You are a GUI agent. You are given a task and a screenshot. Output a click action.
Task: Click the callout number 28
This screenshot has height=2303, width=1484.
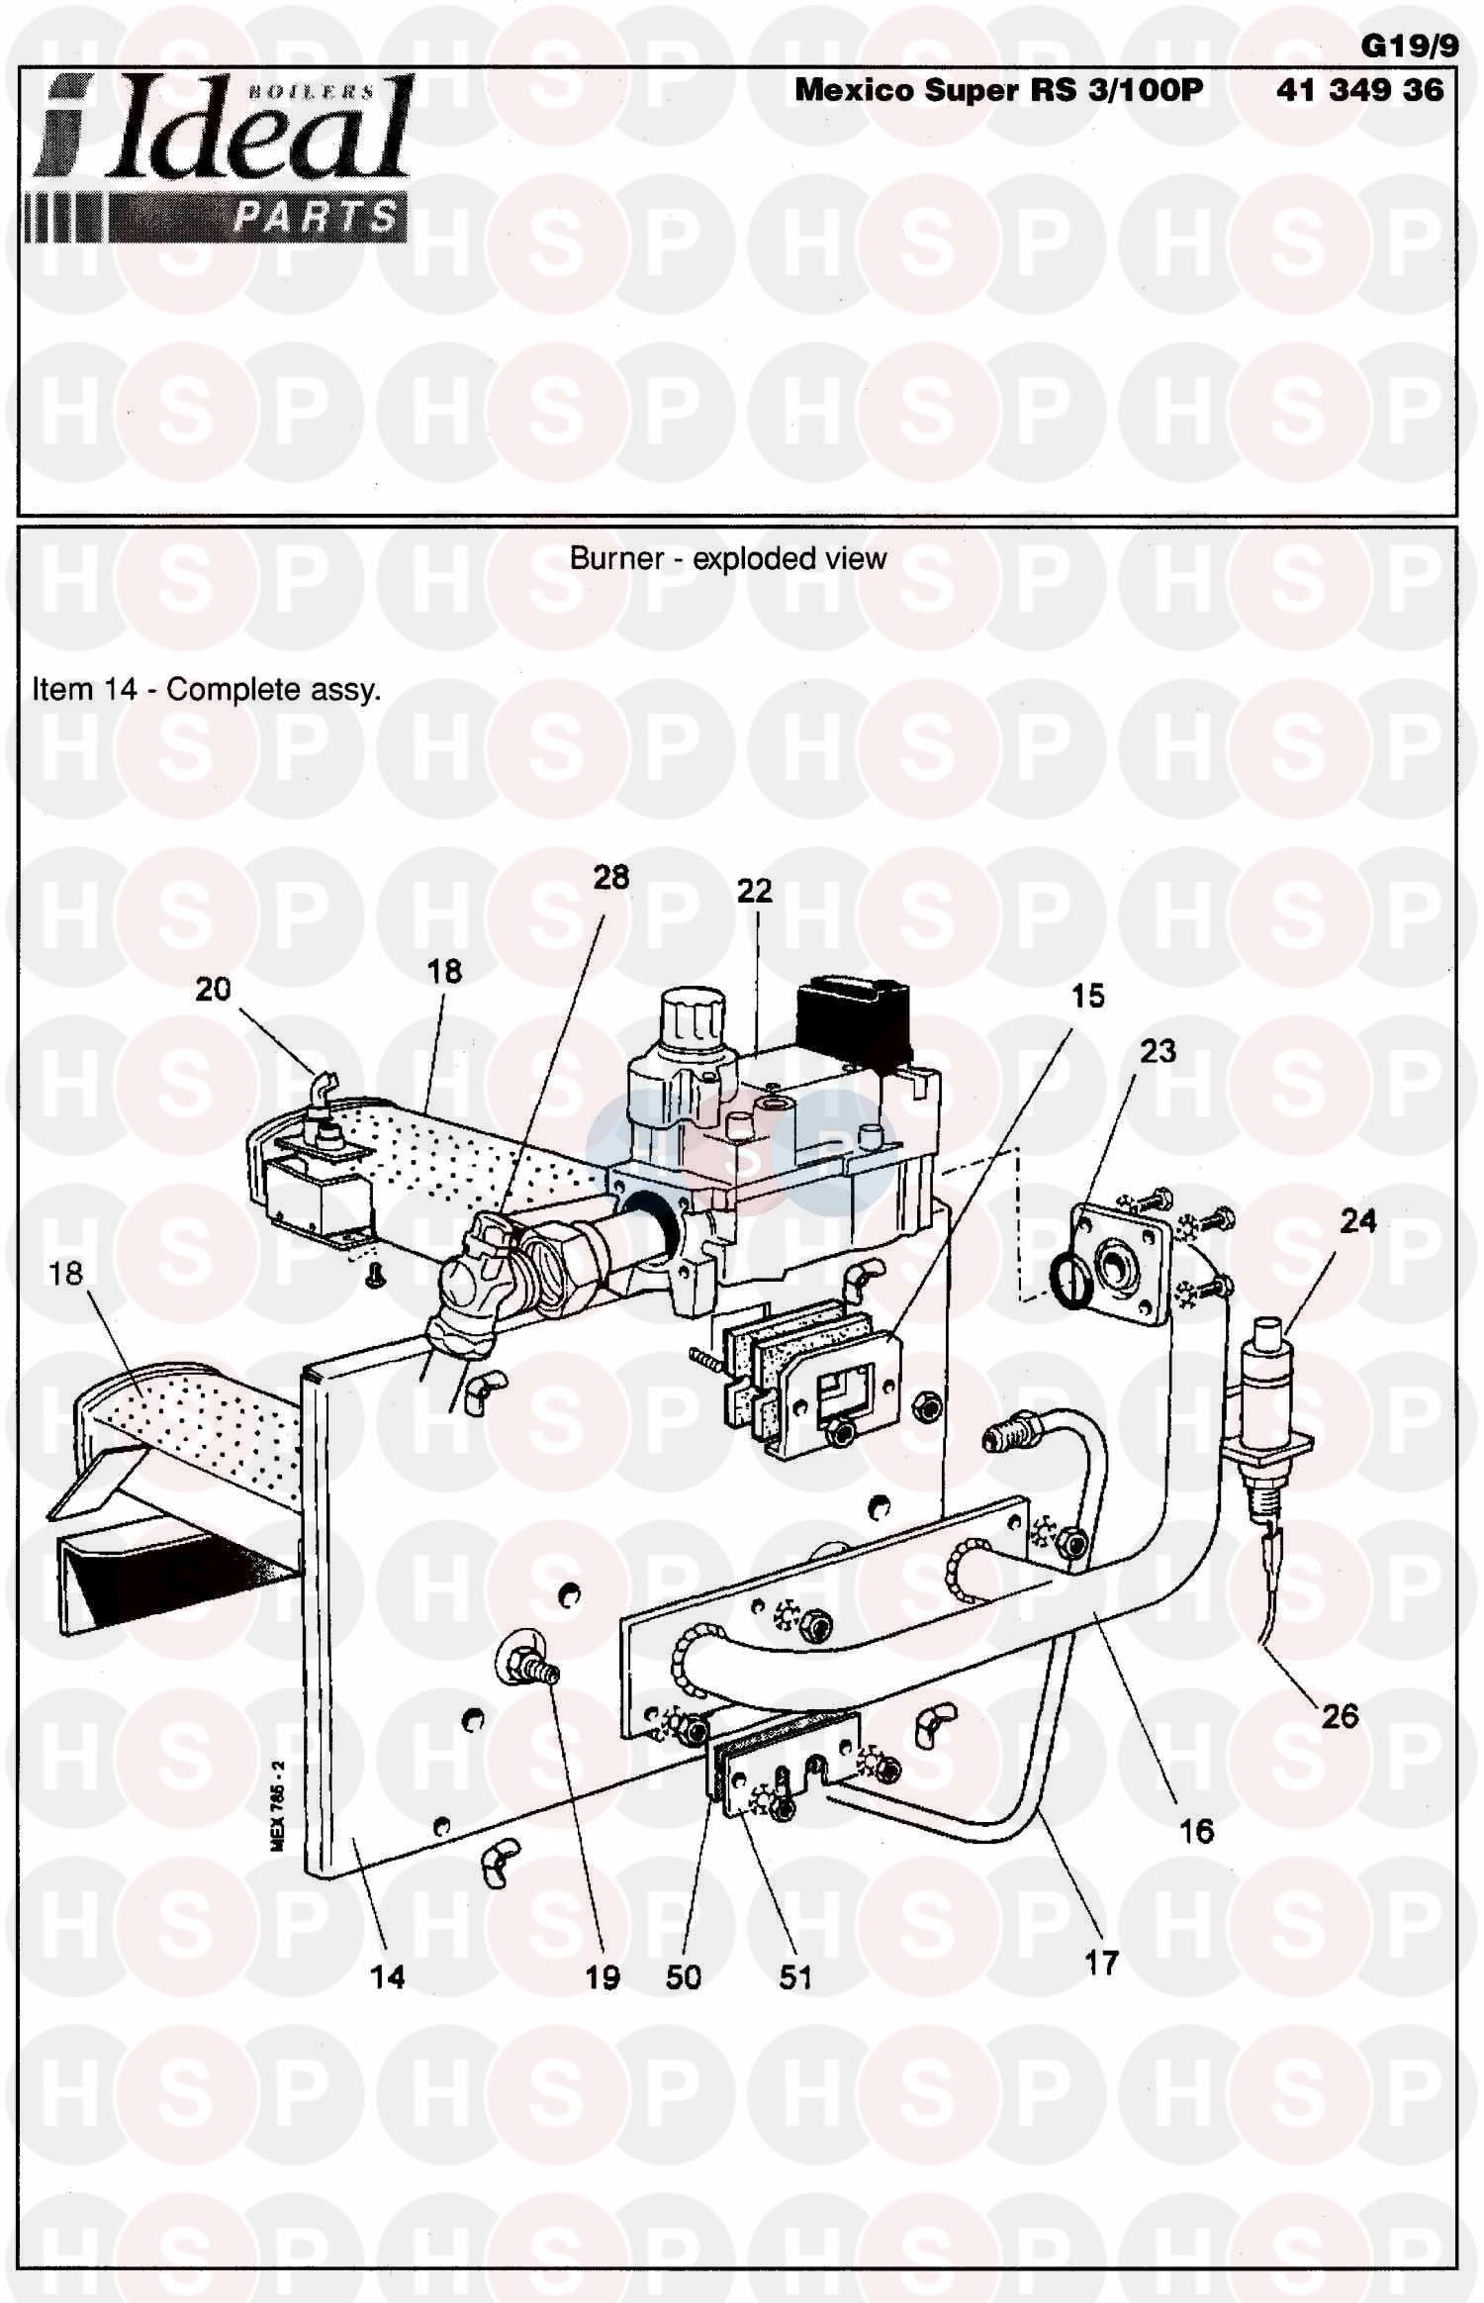click(610, 877)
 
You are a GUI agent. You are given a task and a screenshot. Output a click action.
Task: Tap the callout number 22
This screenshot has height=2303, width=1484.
click(754, 891)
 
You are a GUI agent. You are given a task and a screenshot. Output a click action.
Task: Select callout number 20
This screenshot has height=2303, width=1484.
click(213, 989)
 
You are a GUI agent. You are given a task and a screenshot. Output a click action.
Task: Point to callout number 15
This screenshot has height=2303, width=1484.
click(1087, 996)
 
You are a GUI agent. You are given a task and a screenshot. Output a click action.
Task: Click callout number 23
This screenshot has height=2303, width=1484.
click(1158, 1051)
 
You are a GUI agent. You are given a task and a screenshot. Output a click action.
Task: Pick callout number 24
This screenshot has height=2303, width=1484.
click(1357, 1220)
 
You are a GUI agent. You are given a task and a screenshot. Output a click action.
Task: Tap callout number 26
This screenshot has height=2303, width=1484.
click(1340, 1716)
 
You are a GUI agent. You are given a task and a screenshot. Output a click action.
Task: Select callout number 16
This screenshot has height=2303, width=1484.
click(1196, 1831)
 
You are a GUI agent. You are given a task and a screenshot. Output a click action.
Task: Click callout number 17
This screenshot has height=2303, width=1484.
click(1101, 1963)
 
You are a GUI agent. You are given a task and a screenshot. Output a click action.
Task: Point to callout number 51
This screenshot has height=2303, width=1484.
click(795, 1977)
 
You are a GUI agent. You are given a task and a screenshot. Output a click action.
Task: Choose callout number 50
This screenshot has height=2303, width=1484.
click(683, 1977)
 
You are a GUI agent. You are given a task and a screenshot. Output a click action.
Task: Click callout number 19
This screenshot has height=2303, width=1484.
click(602, 1977)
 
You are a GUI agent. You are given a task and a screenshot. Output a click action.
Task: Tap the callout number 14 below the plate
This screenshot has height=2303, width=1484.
click(387, 1976)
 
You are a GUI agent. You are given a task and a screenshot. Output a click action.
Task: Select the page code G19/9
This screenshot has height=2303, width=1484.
click(1409, 47)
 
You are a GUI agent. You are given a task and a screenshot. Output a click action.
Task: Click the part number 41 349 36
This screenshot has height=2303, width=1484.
click(1359, 90)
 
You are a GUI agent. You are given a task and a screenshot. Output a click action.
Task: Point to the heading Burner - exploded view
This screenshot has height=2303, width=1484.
click(728, 559)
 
